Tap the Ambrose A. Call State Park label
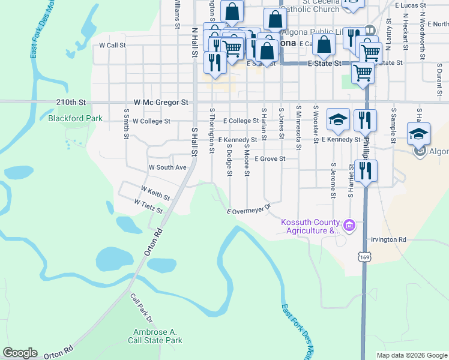click(x=155, y=336)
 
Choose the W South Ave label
click(x=167, y=167)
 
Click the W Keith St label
click(x=155, y=193)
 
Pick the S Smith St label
click(x=126, y=124)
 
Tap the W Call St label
click(x=112, y=45)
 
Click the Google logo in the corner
click(x=20, y=353)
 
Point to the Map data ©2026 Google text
click(x=412, y=355)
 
